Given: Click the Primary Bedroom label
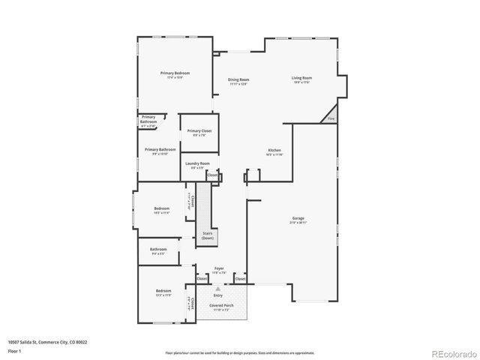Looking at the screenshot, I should (175, 73).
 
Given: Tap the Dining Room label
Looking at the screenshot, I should (238, 79).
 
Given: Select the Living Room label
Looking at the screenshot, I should (301, 78).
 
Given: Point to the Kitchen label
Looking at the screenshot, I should (274, 151).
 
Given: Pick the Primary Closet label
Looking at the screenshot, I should (199, 131).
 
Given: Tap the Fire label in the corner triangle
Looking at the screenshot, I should (331, 118).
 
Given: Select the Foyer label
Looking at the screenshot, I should (219, 268).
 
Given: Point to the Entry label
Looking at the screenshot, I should (218, 295).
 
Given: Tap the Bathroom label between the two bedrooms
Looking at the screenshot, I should (158, 249).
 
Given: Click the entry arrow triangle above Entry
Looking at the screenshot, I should (218, 288).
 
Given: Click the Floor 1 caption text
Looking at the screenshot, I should (15, 350).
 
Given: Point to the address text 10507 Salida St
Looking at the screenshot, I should (47, 342).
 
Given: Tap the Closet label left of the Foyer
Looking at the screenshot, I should (201, 279).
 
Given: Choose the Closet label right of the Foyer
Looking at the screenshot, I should (240, 279).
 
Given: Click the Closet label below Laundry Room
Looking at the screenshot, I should (212, 175).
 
